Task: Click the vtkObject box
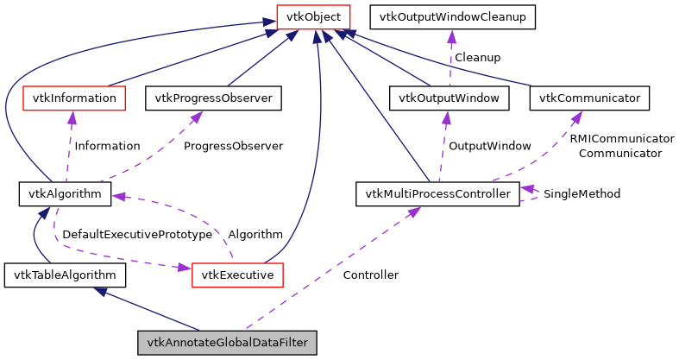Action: coord(313,16)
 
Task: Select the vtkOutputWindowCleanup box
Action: coord(452,16)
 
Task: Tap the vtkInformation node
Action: coord(73,98)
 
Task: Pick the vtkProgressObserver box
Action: coord(213,98)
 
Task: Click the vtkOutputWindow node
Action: coord(449,98)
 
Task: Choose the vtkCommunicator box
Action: coord(589,98)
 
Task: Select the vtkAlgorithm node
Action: coord(66,193)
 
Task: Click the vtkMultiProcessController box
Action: coord(437,193)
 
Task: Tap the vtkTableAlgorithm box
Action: coord(65,275)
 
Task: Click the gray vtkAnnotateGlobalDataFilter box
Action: coord(228,343)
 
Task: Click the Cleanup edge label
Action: coord(477,57)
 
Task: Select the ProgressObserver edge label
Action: coord(233,146)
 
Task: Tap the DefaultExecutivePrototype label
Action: coord(137,234)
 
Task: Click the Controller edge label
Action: coord(370,275)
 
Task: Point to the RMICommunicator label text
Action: coord(621,138)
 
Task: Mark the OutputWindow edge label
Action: coord(489,146)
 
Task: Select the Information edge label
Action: coord(107,146)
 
